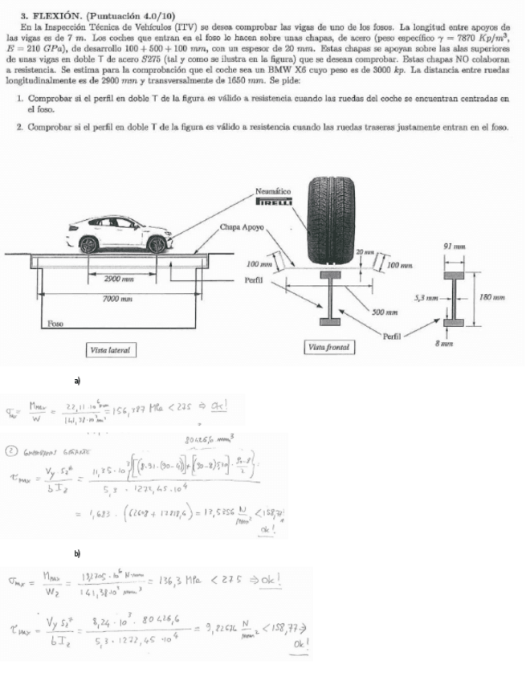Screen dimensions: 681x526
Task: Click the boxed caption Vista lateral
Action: point(112,350)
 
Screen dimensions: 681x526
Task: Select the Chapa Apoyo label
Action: point(243,227)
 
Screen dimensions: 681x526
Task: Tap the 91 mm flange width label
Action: point(451,243)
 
